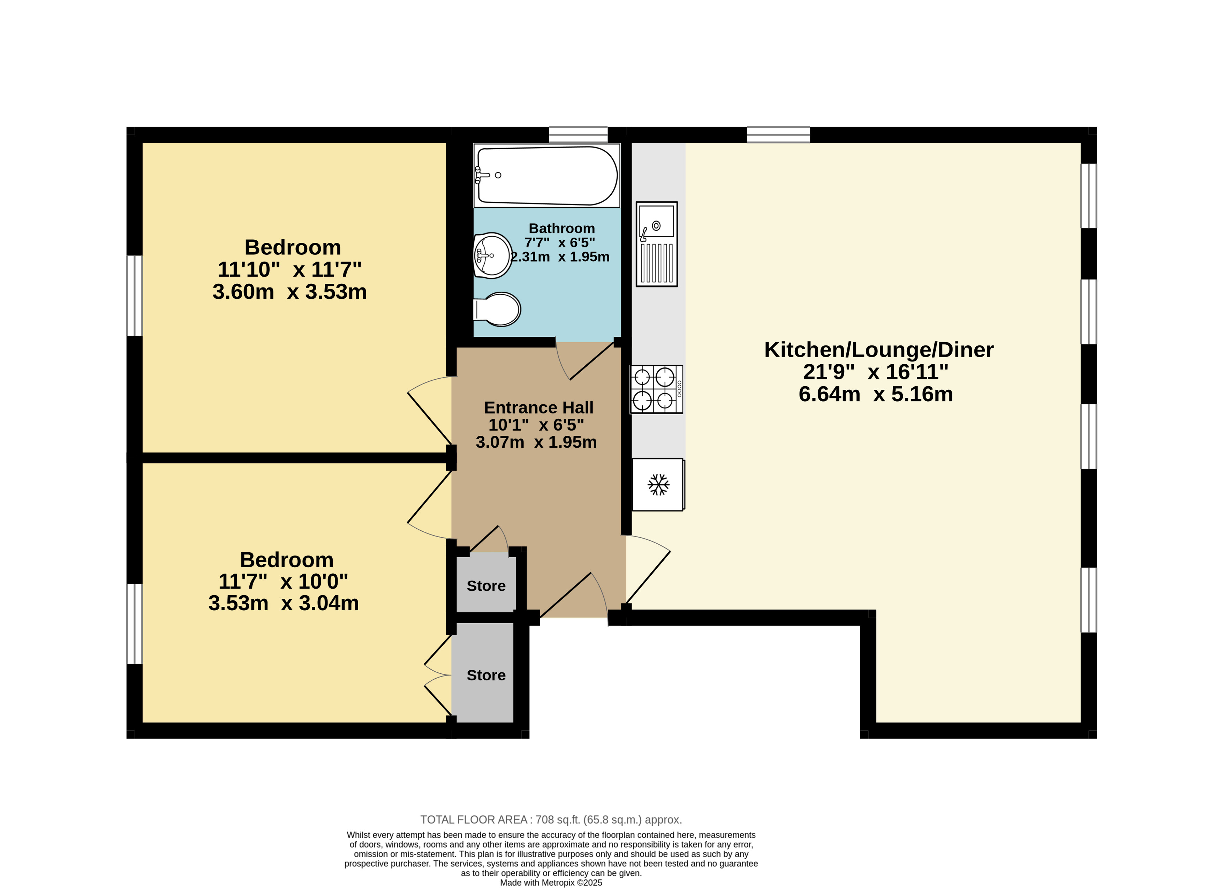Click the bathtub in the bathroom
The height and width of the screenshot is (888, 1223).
point(547,176)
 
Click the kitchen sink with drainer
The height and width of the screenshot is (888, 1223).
point(657,244)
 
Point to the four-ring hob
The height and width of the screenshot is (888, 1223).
point(656,389)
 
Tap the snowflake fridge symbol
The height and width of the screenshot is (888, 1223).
point(658,484)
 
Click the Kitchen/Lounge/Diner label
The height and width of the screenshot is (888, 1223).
point(879,350)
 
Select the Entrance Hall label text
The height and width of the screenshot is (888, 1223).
point(539,407)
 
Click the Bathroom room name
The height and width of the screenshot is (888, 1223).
point(562,228)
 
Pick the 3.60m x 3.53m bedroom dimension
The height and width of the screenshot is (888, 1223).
point(289,292)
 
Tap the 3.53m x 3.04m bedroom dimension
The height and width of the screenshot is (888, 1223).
point(284,603)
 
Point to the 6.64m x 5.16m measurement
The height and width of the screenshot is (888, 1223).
point(876,394)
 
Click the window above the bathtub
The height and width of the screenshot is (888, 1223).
point(578,134)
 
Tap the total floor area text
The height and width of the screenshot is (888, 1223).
point(551,820)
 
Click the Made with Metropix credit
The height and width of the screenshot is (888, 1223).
point(551,883)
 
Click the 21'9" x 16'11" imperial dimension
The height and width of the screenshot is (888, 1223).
point(876,372)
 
